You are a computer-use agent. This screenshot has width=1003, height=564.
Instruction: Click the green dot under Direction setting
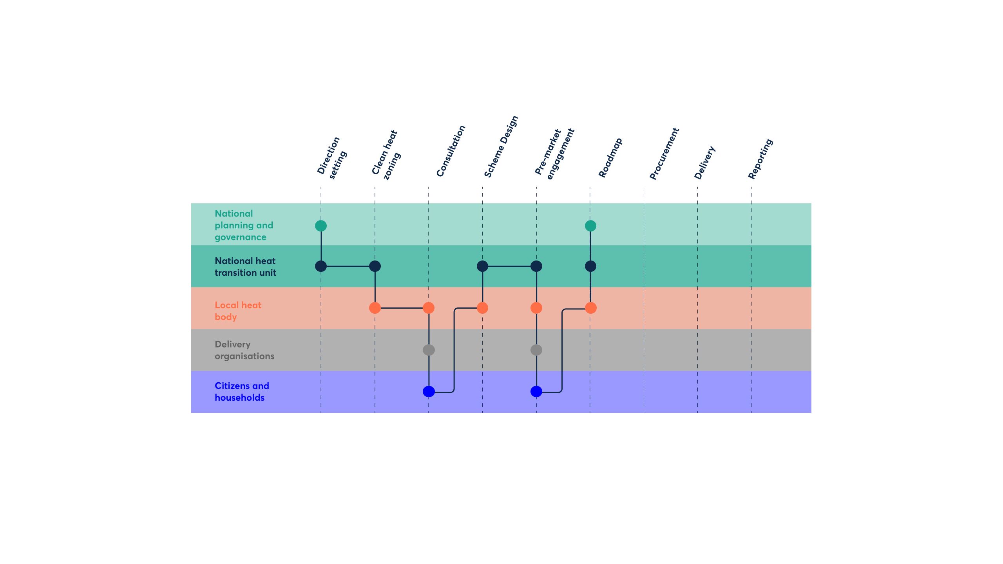pyautogui.click(x=321, y=226)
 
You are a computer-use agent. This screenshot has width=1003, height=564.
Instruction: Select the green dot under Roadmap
pyautogui.click(x=590, y=226)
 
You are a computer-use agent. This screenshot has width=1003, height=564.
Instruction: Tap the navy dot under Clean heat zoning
pyautogui.click(x=375, y=266)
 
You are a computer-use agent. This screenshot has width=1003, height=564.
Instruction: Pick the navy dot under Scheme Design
pyautogui.click(x=482, y=266)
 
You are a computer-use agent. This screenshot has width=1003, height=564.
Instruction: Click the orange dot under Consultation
pyautogui.click(x=429, y=308)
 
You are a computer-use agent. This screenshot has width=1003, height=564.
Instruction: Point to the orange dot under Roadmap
pyautogui.click(x=590, y=308)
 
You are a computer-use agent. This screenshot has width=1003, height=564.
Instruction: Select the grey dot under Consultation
pyautogui.click(x=429, y=350)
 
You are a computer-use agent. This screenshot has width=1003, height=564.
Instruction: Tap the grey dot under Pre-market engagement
pyautogui.click(x=536, y=350)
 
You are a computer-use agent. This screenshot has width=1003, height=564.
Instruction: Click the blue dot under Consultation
pyautogui.click(x=429, y=391)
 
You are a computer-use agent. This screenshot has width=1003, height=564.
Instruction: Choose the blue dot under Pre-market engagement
pyautogui.click(x=536, y=391)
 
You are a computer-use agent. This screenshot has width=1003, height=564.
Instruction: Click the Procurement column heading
pyautogui.click(x=664, y=154)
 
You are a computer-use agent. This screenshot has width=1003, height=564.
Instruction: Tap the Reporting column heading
pyautogui.click(x=760, y=159)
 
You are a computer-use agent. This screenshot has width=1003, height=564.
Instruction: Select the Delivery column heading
pyautogui.click(x=705, y=163)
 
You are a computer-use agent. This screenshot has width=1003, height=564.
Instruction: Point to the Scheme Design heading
pyautogui.click(x=501, y=146)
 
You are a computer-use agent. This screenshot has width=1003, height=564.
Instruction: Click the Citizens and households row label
pyautogui.click(x=242, y=392)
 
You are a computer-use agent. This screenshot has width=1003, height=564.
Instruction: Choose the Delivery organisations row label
pyautogui.click(x=244, y=350)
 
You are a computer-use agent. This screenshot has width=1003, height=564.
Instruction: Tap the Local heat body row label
pyautogui.click(x=238, y=311)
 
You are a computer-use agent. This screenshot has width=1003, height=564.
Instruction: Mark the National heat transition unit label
pyautogui.click(x=245, y=267)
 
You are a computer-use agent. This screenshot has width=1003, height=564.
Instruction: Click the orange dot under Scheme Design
pyautogui.click(x=482, y=308)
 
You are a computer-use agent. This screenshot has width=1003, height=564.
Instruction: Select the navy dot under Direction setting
pyautogui.click(x=321, y=266)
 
